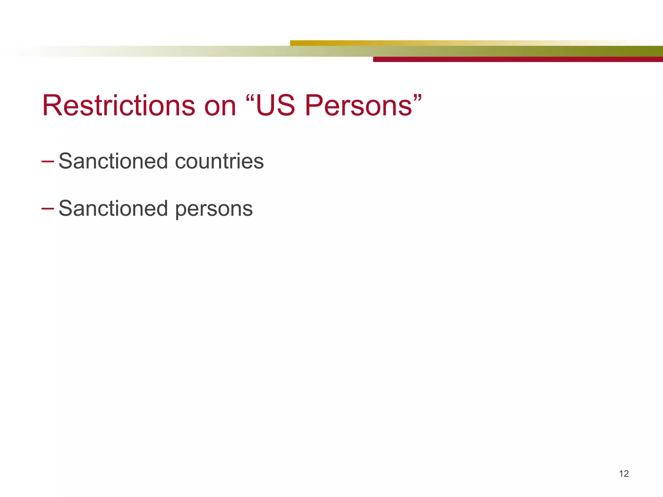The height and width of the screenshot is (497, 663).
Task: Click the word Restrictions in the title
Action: tap(118, 105)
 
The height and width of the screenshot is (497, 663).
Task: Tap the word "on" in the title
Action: tap(220, 106)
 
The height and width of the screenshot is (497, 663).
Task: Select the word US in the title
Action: tap(275, 105)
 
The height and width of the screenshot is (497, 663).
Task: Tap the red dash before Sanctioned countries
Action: tap(48, 161)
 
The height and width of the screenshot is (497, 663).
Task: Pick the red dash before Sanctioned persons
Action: tap(48, 208)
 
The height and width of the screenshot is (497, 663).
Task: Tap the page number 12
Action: tap(624, 474)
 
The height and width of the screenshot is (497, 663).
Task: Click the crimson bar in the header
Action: tap(518, 59)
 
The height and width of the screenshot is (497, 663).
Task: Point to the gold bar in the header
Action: tap(388, 43)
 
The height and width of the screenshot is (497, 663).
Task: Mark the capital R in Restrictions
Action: tap(52, 105)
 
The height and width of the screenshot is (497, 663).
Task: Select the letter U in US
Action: tap(266, 105)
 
